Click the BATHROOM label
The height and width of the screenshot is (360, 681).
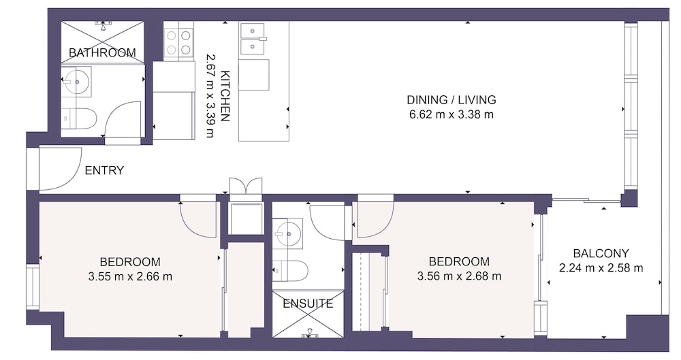point(103,52)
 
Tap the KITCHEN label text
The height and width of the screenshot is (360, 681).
point(225,96)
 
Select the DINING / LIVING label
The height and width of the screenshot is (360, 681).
point(452,100)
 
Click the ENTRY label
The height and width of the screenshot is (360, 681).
point(104,170)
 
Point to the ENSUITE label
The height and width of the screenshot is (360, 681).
point(308,304)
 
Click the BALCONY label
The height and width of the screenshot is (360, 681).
point(601,253)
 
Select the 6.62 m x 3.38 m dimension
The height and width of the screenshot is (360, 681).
point(452,114)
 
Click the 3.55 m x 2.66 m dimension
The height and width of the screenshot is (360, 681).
point(130,276)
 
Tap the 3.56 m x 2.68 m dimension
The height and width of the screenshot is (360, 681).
point(459,276)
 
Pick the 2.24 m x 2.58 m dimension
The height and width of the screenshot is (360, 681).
point(601,268)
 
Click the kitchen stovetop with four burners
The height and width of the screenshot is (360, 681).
point(178,42)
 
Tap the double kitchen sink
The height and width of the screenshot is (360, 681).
point(251,38)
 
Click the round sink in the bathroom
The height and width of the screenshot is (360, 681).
point(77,81)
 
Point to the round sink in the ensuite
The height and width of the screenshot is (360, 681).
point(287,233)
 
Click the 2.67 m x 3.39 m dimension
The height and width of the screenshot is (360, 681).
point(210,96)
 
